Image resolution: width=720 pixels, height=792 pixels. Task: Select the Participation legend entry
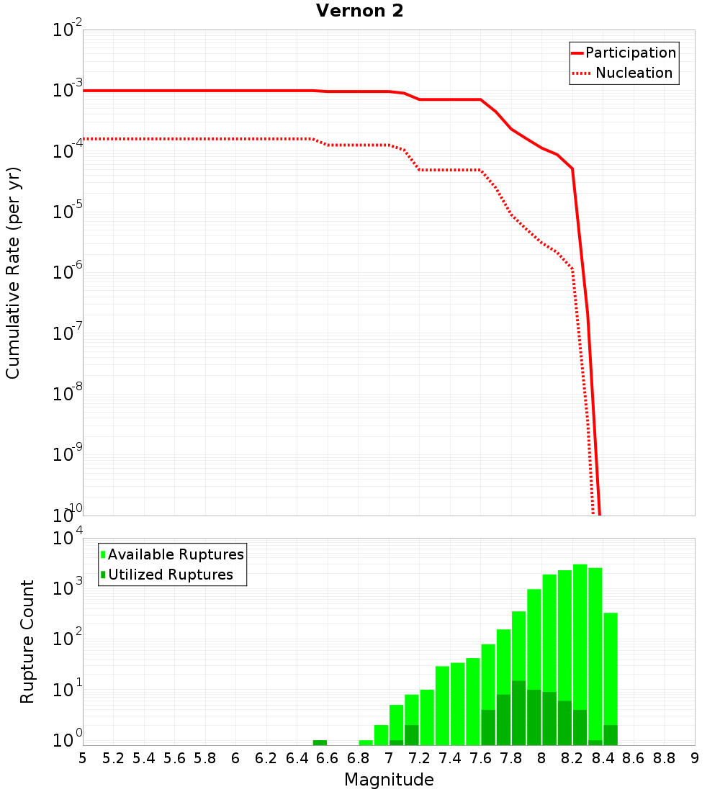(x=624, y=53)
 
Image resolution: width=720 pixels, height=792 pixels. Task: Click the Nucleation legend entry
(x=624, y=73)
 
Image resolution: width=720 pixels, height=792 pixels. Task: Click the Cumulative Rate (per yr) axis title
(x=13, y=272)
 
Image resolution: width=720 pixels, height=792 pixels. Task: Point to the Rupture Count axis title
(x=27, y=642)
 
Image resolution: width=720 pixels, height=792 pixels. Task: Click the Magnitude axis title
(x=389, y=780)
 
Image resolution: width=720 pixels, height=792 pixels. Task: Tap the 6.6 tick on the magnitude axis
(x=328, y=758)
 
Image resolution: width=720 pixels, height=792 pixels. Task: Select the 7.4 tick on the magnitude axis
(x=450, y=758)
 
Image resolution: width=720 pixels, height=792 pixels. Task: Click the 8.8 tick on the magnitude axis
(x=664, y=758)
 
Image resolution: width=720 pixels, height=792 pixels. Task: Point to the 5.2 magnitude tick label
(x=114, y=758)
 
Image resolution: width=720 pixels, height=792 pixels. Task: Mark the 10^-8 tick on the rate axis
(x=68, y=395)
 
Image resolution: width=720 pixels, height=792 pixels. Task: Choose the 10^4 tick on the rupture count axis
(x=68, y=539)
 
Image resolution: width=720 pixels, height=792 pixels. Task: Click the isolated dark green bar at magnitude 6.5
(x=320, y=742)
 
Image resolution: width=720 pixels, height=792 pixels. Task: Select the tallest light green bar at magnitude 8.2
(x=580, y=648)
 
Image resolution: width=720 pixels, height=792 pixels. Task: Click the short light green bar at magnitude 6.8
(x=366, y=742)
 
